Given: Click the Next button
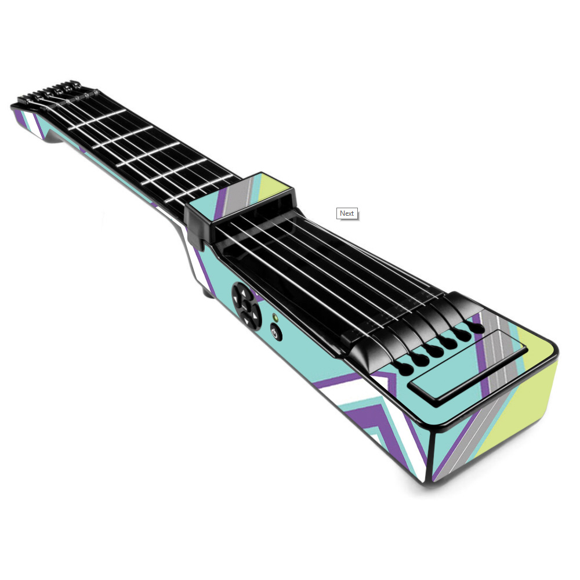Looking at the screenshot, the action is tap(347, 213).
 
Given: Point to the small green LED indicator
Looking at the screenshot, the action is tap(275, 317).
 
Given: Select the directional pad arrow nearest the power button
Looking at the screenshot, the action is tap(255, 316).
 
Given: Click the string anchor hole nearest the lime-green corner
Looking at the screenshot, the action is tap(477, 327).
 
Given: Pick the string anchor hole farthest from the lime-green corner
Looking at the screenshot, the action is tap(405, 368).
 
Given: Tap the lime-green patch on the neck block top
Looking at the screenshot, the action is tap(271, 187).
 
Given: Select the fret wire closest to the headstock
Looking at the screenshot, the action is tap(97, 119).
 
